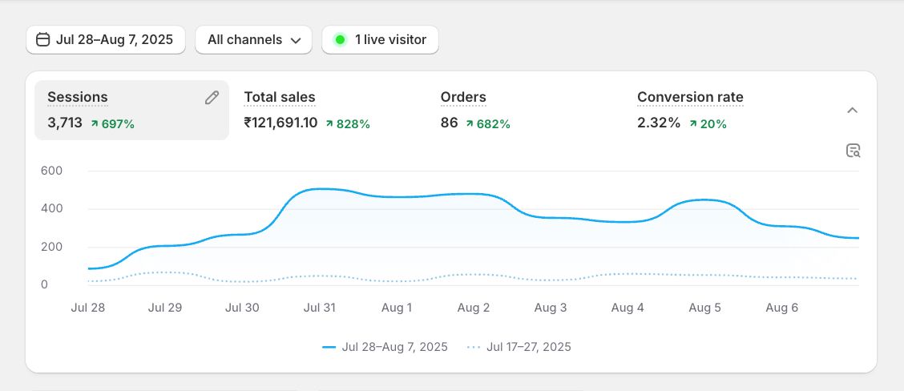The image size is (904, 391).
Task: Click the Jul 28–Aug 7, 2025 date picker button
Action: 105,39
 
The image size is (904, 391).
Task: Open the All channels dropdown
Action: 253,39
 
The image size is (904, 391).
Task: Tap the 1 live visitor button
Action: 380,39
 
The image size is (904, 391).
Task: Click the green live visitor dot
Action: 340,39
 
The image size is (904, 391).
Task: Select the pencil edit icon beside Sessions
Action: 212,98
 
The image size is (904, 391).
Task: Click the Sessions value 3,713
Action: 65,123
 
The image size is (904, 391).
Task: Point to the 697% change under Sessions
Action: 112,124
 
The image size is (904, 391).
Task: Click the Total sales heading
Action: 280,97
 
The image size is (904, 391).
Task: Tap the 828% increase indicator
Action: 348,124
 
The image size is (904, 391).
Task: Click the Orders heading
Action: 463,97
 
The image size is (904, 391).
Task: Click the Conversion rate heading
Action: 690,97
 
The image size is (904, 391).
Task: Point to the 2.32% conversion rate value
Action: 659,123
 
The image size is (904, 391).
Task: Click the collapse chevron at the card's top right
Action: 853,110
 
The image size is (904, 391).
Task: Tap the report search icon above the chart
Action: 853,151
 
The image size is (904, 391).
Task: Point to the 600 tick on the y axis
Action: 51,171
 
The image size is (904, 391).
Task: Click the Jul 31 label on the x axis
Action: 319,308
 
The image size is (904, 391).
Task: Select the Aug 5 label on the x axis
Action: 705,308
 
